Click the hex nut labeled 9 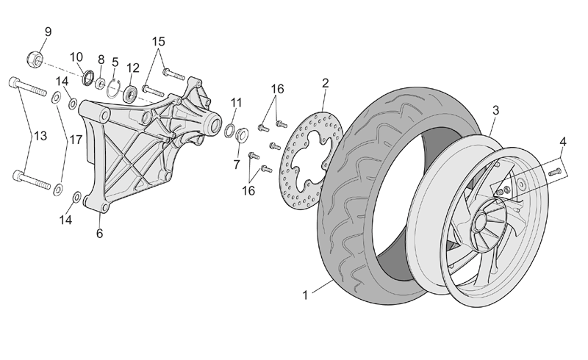click(35, 60)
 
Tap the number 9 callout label click(48, 32)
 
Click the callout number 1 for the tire click(305, 295)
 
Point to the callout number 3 click(495, 111)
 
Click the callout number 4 click(562, 142)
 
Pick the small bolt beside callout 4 click(555, 173)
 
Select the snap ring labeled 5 click(113, 89)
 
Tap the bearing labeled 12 click(131, 94)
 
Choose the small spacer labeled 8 click(100, 83)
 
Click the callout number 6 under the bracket click(99, 233)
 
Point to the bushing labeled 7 click(242, 135)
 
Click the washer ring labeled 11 click(229, 132)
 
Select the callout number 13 click(40, 136)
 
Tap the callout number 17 click(76, 140)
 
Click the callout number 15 click(159, 41)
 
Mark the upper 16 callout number click(278, 89)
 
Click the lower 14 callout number click(65, 220)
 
